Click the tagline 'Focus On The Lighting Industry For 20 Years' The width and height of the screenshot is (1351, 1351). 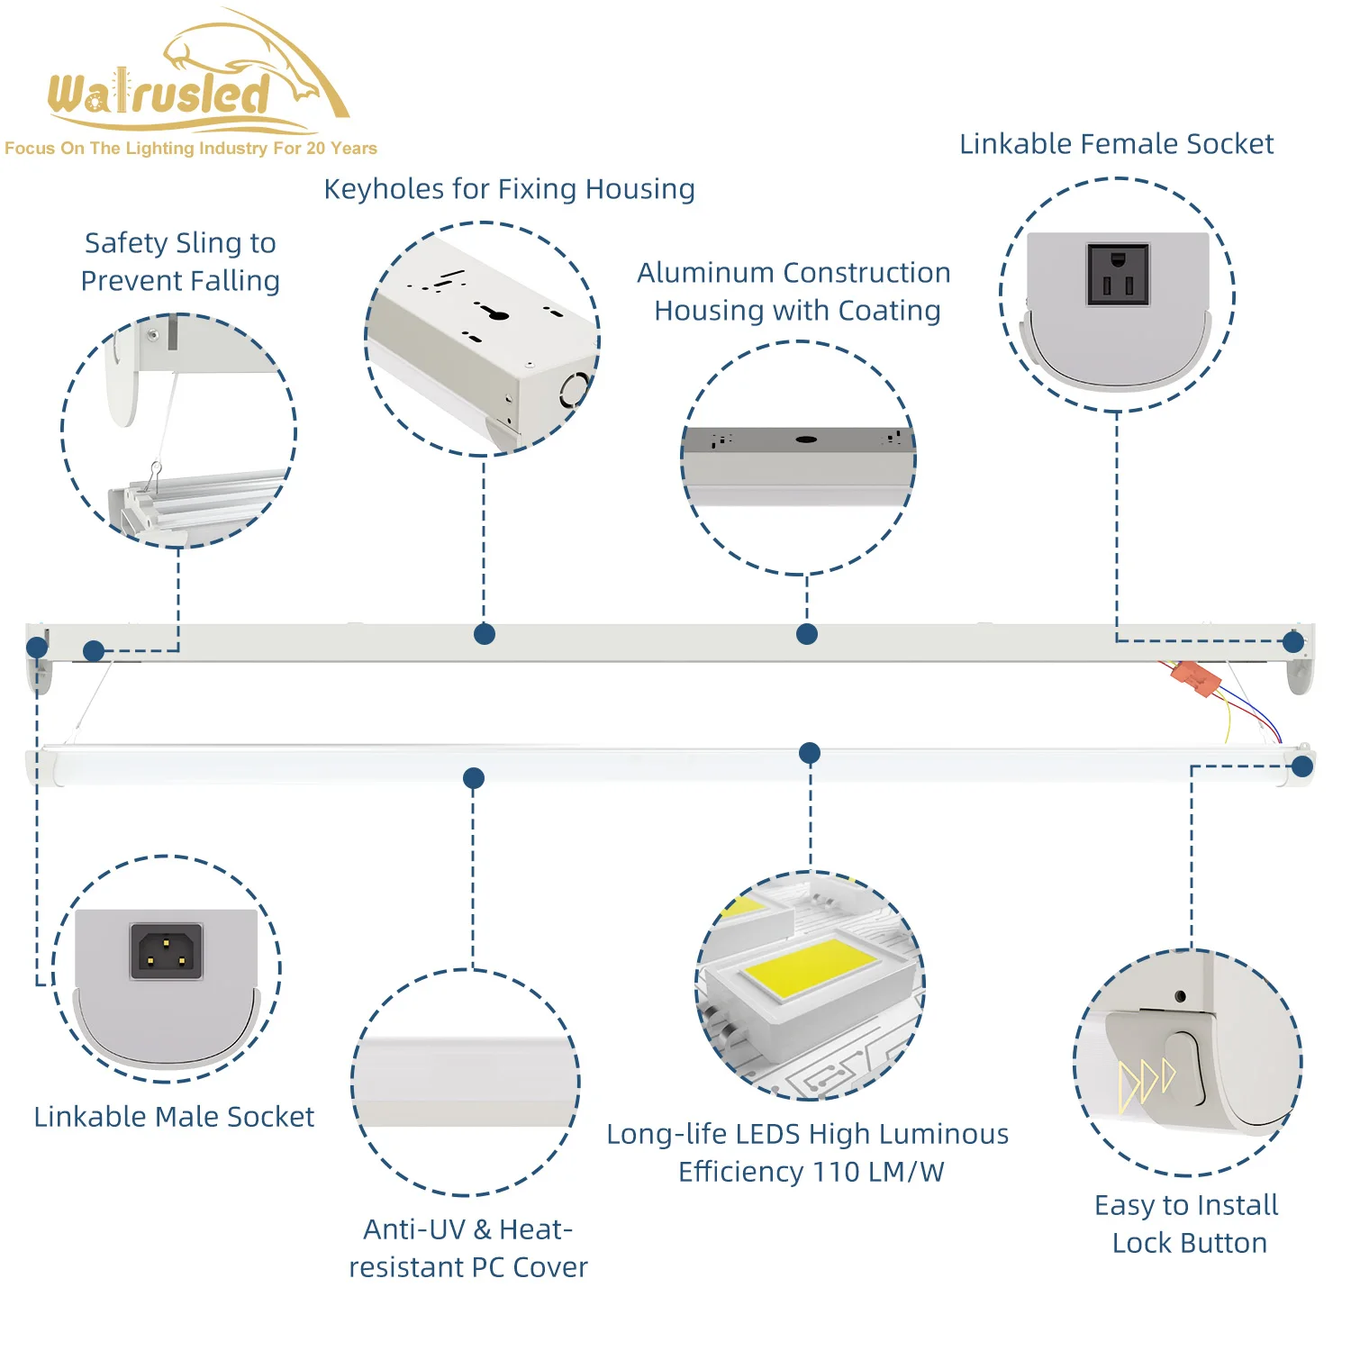(191, 149)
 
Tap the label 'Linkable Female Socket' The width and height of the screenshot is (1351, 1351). (1116, 144)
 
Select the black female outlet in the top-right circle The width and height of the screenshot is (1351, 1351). (1118, 275)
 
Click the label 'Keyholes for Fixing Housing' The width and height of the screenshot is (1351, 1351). (509, 189)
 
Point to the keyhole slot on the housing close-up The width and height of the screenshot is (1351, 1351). (492, 313)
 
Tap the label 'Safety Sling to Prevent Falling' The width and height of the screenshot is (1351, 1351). (180, 262)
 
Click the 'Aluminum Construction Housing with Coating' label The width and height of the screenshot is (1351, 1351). (795, 291)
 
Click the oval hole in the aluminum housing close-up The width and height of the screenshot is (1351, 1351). (806, 440)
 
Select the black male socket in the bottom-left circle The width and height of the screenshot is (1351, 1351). (167, 951)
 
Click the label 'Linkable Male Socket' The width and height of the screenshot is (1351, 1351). (174, 1117)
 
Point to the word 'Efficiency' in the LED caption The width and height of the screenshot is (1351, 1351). (740, 1172)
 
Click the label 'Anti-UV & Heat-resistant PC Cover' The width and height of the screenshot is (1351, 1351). (468, 1248)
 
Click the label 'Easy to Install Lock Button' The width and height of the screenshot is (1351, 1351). (1187, 1224)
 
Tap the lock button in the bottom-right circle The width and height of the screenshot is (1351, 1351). (1184, 1067)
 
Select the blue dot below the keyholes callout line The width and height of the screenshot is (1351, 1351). (485, 634)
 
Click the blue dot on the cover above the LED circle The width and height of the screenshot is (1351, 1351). (810, 753)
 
